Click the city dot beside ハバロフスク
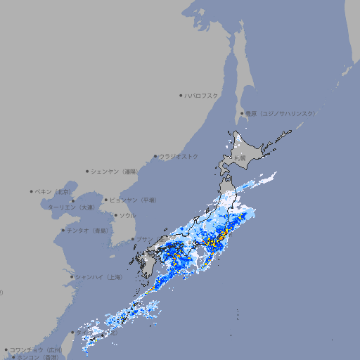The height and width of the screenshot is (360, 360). click(181, 95)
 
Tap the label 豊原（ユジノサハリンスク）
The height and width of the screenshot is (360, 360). click(280, 113)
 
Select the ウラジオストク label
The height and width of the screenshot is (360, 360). click(179, 156)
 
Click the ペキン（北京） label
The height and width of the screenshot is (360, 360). click(53, 191)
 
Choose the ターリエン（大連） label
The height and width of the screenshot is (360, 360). click(71, 207)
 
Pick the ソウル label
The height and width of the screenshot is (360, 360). click(127, 215)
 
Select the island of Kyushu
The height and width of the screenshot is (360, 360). click(148, 264)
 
